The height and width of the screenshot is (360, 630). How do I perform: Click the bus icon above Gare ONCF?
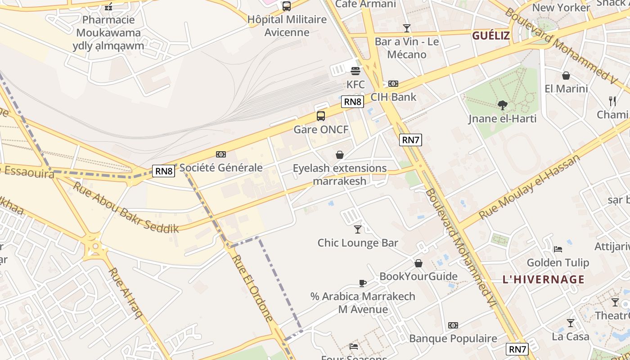point(321,116)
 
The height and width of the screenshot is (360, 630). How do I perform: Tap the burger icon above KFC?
point(355,71)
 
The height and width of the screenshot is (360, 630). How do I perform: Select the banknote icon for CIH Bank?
point(393,84)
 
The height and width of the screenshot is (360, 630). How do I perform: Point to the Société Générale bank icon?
point(221,154)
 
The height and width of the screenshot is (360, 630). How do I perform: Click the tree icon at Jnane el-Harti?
point(503,105)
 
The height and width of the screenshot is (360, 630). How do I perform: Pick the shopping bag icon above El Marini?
point(566,76)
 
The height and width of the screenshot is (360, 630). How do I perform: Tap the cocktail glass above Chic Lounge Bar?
point(358,229)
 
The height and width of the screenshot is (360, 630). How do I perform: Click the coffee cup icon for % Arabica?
point(363,283)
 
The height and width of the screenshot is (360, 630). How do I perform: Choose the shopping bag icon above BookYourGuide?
point(418,263)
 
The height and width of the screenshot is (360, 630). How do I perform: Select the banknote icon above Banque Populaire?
point(453,325)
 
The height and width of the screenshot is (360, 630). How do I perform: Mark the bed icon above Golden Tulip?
point(558,249)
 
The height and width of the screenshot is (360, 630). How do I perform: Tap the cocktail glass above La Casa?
point(571,323)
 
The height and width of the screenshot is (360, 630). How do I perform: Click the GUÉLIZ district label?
point(491,36)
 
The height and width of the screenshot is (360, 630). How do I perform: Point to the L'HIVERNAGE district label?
point(544,279)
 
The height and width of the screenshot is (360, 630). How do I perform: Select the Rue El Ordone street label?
point(253,288)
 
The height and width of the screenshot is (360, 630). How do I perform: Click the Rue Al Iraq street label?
point(126,293)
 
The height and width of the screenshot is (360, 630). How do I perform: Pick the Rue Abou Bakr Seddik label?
point(126,207)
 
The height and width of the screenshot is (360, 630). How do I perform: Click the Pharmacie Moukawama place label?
point(108,32)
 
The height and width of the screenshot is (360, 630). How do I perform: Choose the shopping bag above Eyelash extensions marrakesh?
point(340,155)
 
